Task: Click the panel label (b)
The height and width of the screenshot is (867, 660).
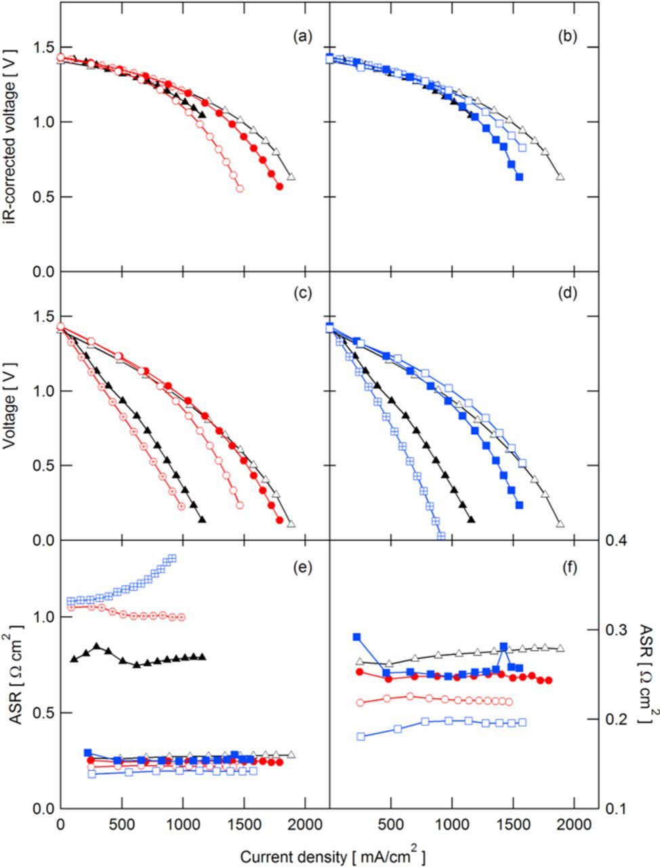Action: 566,37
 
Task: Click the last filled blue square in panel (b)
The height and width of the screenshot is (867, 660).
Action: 519,177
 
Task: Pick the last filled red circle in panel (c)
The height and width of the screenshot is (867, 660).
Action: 280,520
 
